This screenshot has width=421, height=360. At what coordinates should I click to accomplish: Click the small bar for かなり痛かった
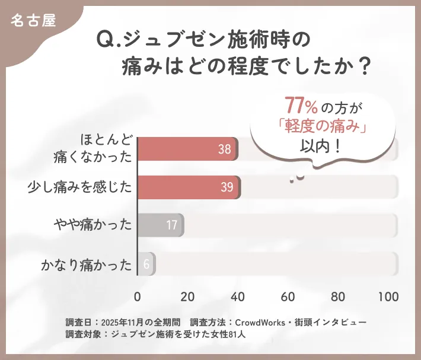[146, 263]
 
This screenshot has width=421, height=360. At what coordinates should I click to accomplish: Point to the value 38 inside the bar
[224, 149]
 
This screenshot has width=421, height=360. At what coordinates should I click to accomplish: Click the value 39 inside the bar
[227, 187]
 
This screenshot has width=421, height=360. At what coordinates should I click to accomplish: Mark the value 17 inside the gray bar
[172, 225]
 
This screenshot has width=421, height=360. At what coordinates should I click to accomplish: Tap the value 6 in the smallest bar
[146, 264]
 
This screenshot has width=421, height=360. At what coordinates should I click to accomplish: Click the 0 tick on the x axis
[138, 297]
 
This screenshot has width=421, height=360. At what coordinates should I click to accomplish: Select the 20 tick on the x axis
[187, 297]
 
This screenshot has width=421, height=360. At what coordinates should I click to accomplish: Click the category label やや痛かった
[93, 225]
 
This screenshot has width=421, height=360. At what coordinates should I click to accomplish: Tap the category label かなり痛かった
[87, 264]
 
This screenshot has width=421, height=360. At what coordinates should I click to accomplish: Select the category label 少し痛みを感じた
[79, 187]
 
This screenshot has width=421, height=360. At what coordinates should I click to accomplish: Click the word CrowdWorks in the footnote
[263, 322]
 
